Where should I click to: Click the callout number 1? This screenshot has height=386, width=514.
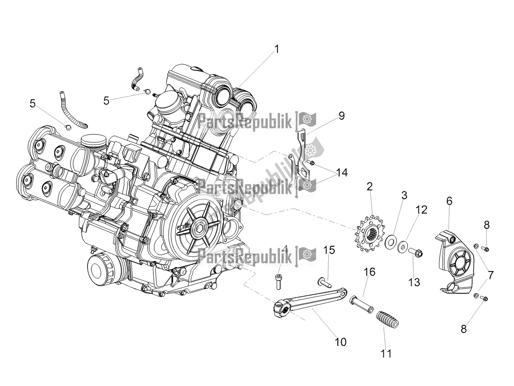277,49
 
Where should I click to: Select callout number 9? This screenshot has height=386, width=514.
341,116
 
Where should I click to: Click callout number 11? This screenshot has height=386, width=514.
386,354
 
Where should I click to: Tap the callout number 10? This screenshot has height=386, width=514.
341,342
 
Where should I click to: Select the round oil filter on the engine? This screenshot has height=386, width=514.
102,270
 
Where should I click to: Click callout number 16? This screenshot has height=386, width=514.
370,272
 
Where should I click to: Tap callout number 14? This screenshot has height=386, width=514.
342,173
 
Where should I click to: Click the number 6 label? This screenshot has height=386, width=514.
449,201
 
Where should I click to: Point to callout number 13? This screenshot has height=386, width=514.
414,282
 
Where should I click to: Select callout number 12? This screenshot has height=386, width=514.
421,210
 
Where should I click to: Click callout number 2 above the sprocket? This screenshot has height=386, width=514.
369,186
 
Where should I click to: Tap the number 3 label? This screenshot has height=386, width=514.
403,196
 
